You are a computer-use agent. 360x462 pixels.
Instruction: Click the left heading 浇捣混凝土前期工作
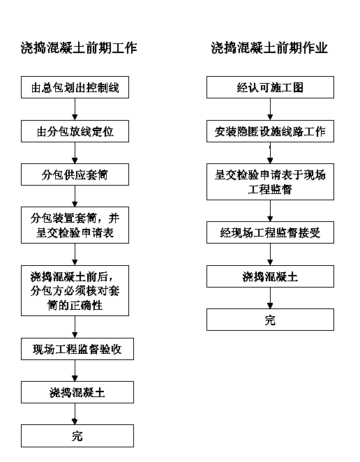[79, 47]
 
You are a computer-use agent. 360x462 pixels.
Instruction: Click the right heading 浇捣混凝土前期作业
[269, 47]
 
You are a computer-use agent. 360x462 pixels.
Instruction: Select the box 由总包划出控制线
[75, 87]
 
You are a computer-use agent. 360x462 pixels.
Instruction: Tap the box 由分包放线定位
[75, 131]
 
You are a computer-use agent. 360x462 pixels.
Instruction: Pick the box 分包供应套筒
[75, 174]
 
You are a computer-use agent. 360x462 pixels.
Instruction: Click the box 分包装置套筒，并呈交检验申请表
[75, 225]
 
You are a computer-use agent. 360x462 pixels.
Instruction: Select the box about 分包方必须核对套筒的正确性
[75, 290]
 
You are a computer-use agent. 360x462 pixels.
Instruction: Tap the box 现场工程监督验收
[77, 349]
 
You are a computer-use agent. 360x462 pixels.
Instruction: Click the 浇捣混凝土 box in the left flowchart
[77, 392]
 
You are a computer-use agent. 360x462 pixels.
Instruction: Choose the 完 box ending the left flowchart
[77, 435]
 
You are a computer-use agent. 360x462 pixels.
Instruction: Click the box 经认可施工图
[270, 87]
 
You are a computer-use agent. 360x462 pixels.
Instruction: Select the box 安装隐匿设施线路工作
[270, 131]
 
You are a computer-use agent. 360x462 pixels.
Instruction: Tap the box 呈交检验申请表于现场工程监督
[270, 181]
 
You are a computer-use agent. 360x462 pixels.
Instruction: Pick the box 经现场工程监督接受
[270, 232]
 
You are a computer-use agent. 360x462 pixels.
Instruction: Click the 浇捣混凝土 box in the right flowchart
[270, 276]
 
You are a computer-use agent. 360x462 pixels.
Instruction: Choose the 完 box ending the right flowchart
[270, 320]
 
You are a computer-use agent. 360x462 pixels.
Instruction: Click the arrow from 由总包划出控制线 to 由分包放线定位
[75, 109]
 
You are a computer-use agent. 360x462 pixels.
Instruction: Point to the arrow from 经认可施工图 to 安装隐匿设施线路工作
[270, 109]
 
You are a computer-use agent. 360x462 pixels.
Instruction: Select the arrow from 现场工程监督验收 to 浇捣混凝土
[75, 371]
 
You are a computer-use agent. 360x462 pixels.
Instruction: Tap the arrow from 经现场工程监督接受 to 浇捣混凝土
[270, 254]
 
